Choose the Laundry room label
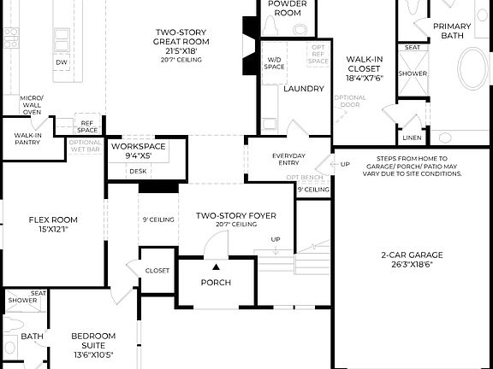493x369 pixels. click(303, 89)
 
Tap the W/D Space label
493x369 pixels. click(274, 63)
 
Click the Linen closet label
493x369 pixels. click(412, 137)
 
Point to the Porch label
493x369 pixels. click(217, 283)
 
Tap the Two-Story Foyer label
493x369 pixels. click(235, 216)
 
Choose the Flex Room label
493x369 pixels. click(53, 224)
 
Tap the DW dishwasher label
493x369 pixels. click(61, 62)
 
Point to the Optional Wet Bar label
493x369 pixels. click(85, 145)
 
